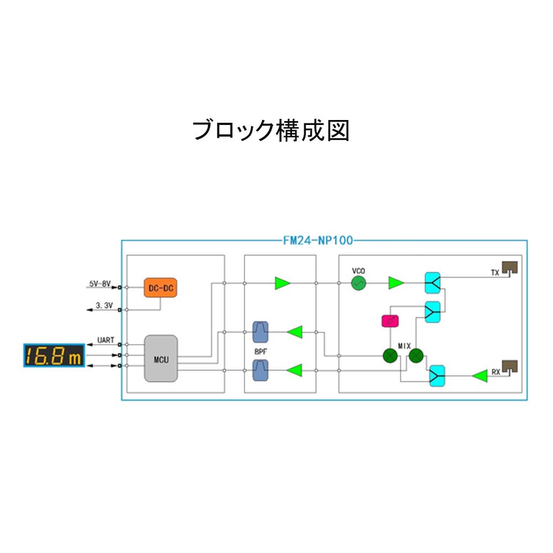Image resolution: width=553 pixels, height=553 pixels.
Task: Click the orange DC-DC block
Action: click(x=160, y=288)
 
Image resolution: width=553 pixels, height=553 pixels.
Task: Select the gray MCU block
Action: click(x=161, y=358)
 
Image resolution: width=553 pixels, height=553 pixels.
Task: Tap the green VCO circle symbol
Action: click(x=359, y=283)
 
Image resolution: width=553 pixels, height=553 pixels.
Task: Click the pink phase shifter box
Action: click(x=390, y=321)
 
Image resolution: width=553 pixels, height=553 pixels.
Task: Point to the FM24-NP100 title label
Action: click(x=318, y=241)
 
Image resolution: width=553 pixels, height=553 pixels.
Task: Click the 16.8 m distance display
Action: click(x=54, y=355)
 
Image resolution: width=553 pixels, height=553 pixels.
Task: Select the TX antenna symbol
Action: click(x=510, y=269)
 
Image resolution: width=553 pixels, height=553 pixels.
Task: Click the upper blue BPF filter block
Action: click(x=260, y=332)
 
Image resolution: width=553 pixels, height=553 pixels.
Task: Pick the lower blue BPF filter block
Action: click(x=260, y=371)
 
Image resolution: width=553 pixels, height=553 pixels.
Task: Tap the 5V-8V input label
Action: click(x=100, y=284)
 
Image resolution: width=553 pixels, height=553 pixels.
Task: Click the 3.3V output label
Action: click(x=104, y=305)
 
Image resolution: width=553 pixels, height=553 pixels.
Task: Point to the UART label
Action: click(x=106, y=340)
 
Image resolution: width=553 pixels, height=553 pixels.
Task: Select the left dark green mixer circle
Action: click(x=390, y=356)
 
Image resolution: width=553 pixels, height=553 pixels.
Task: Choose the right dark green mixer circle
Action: click(x=416, y=356)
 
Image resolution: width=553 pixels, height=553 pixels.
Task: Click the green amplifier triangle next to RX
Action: click(x=479, y=376)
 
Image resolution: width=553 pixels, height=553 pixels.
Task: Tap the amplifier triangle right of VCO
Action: click(x=396, y=283)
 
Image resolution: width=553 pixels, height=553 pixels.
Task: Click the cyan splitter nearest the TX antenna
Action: click(x=433, y=283)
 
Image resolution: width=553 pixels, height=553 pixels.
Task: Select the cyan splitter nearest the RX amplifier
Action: click(x=437, y=375)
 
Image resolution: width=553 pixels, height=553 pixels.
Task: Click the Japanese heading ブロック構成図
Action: click(x=271, y=131)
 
